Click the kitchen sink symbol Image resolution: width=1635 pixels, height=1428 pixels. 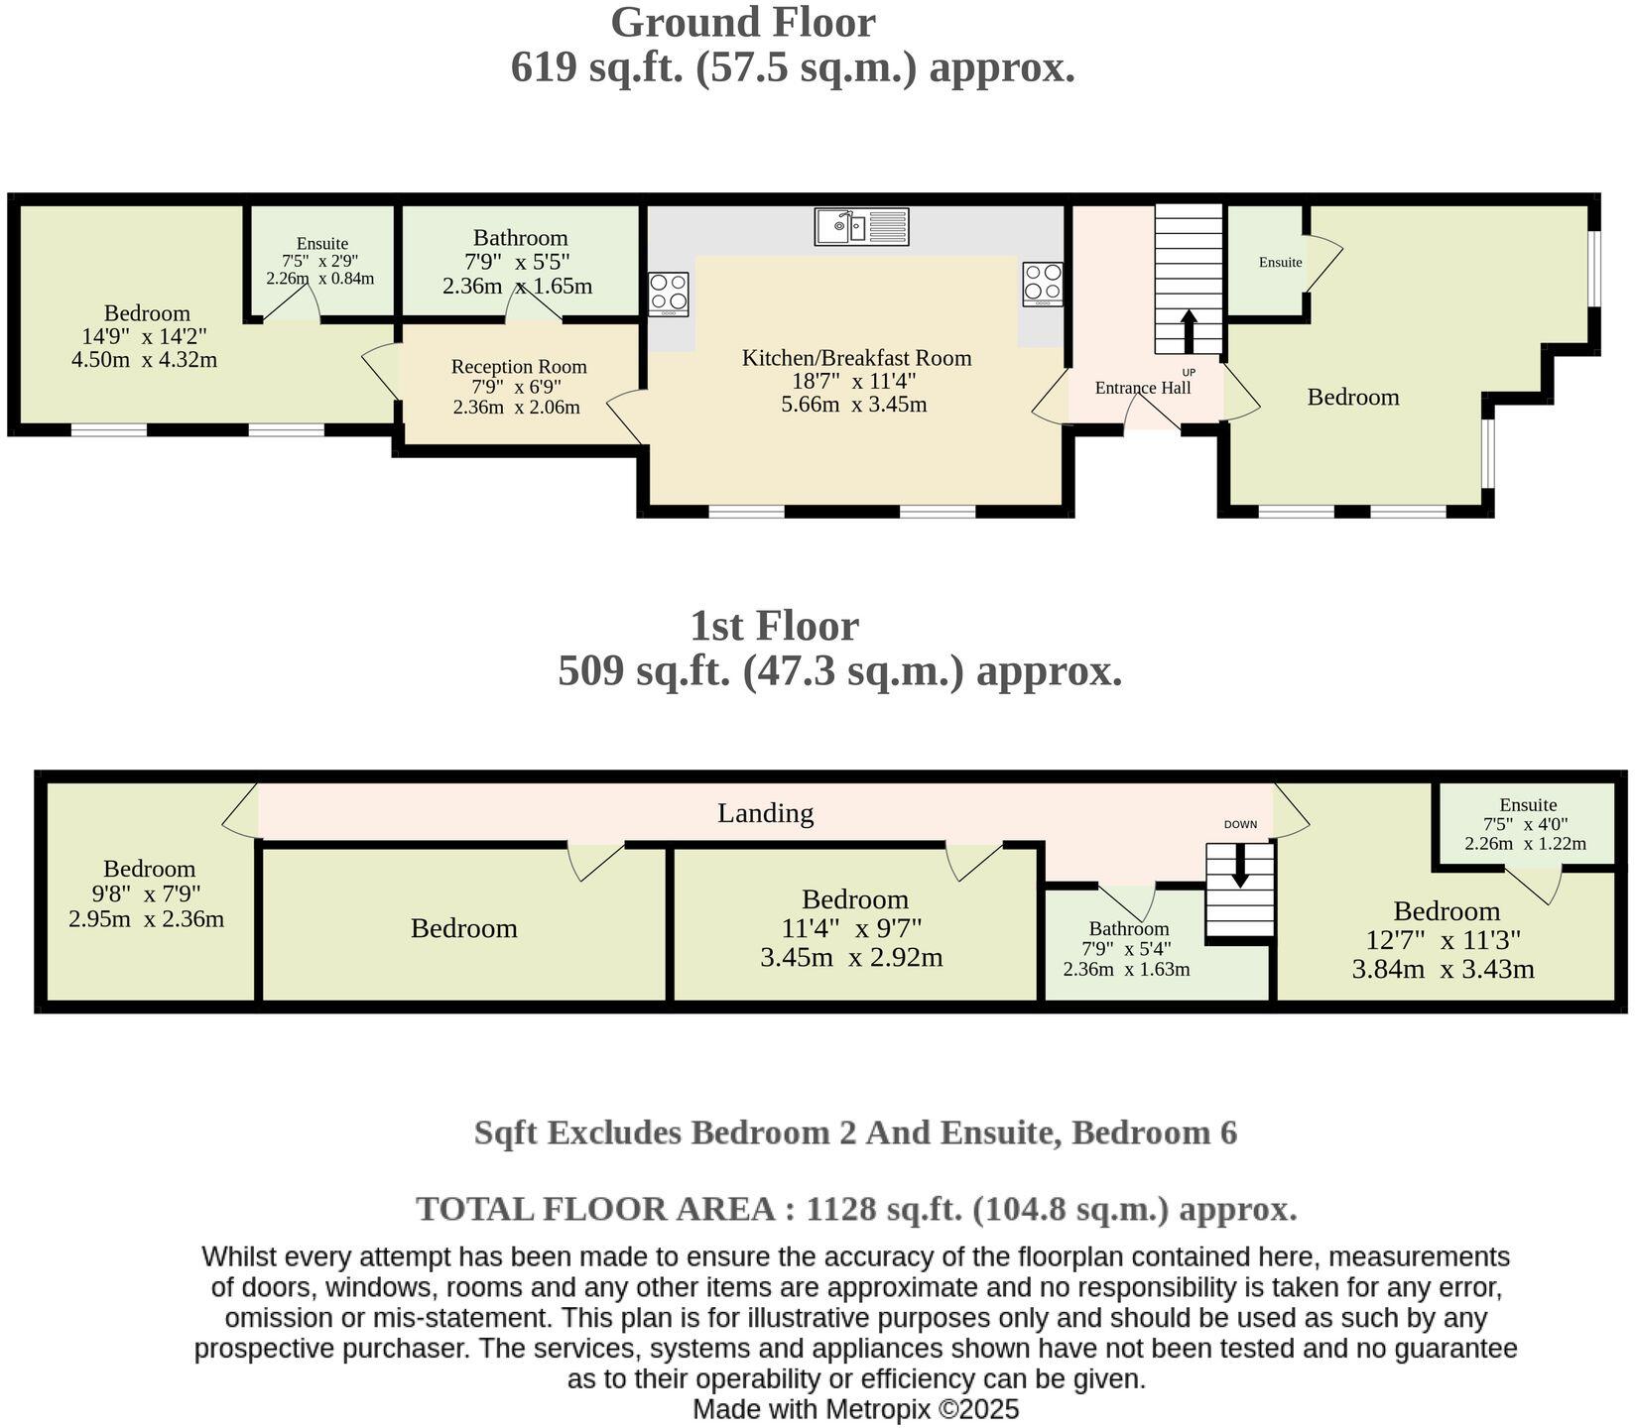click(861, 226)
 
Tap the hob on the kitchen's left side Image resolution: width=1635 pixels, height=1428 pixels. click(668, 295)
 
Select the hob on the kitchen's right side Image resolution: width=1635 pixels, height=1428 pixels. click(1043, 284)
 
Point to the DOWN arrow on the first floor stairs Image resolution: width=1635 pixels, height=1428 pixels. click(1239, 866)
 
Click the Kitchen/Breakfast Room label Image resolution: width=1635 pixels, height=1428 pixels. click(856, 358)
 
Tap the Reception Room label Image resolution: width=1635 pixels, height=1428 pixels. click(519, 367)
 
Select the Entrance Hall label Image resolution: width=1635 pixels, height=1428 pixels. click(1143, 388)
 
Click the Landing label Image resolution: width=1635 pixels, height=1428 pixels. click(765, 814)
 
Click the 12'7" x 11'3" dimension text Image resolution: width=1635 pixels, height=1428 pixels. click(1444, 940)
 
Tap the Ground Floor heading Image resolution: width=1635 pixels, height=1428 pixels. click(742, 23)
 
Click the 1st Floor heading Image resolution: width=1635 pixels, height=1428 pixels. click(774, 627)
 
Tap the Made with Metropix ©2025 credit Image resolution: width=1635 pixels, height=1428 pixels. click(855, 1409)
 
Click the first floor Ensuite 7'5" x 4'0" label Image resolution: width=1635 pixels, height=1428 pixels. click(1528, 824)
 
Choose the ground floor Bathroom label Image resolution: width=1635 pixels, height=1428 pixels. click(521, 238)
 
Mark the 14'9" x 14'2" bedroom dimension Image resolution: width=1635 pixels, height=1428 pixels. click(145, 336)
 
